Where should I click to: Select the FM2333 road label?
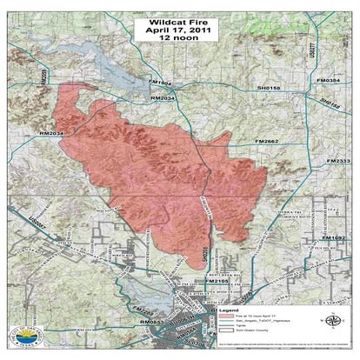pos(339,161)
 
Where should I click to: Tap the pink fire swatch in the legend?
pos(224,317)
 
